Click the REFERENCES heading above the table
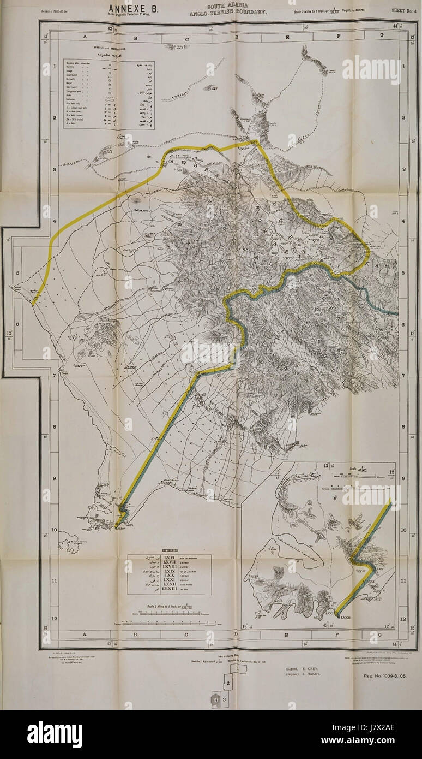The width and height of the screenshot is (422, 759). click(168, 550)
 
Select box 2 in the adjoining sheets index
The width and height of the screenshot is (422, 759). click(229, 683)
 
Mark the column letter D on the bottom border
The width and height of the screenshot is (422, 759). click(236, 635)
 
